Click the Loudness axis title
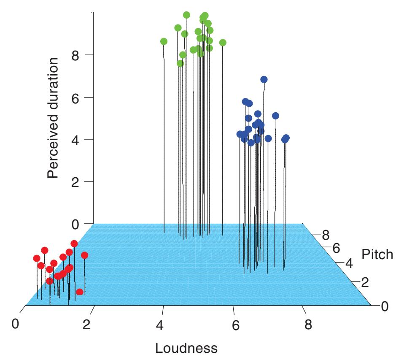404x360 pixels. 186,349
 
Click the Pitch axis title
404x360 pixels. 377,254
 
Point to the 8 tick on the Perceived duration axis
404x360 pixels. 75,55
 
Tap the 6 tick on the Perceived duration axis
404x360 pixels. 75,97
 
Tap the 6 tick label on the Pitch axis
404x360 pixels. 336,248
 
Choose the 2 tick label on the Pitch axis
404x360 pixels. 365,282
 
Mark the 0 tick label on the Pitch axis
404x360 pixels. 384,307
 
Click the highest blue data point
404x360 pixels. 264,79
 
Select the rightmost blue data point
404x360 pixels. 286,138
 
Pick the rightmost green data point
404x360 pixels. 223,43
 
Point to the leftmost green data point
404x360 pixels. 164,41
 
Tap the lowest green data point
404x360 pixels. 180,63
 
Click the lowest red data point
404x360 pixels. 79,292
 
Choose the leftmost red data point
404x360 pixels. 37,258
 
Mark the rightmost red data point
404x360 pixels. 84,255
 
